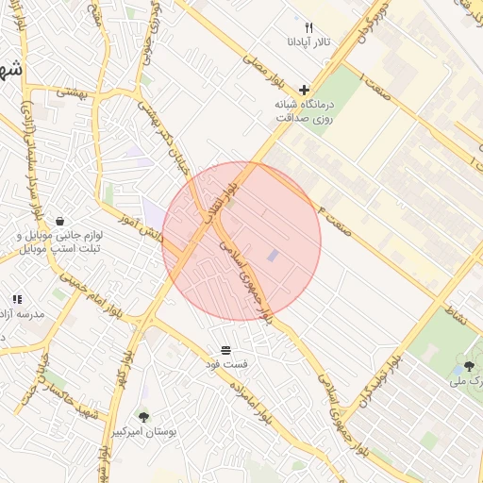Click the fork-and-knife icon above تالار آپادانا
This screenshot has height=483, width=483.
pyautogui.click(x=308, y=28)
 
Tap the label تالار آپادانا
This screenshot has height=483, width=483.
pyautogui.click(x=308, y=43)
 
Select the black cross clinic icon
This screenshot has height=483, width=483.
pyautogui.click(x=303, y=89)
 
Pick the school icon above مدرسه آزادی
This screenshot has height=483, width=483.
pyautogui.click(x=16, y=299)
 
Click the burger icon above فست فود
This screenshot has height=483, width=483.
pyautogui.click(x=225, y=349)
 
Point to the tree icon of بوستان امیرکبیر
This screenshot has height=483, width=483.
pyautogui.click(x=143, y=416)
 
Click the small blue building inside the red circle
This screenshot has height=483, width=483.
pyautogui.click(x=273, y=256)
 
